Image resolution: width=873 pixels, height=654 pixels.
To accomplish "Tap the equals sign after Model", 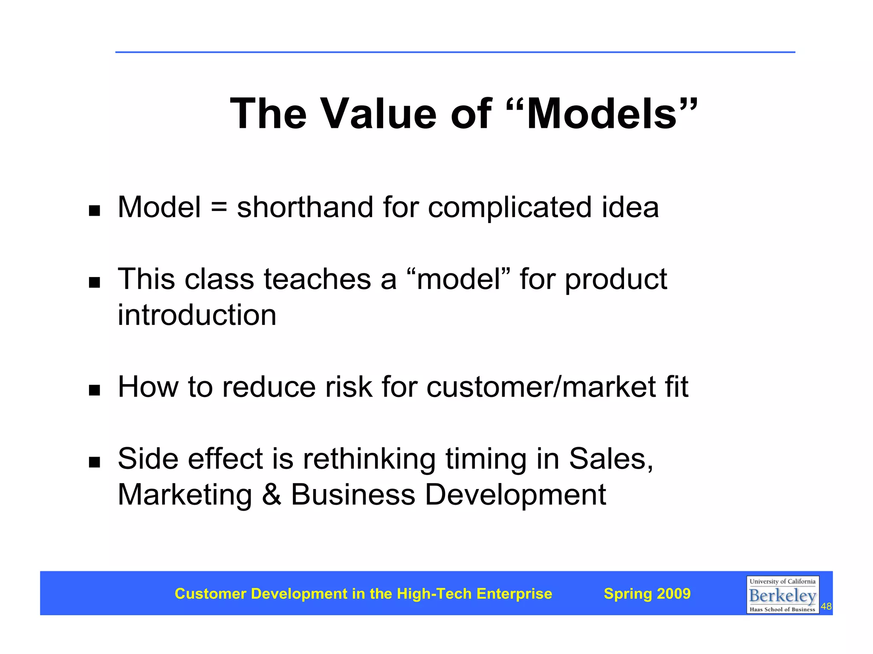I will click(x=219, y=208).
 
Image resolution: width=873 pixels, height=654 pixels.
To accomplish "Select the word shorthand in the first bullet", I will click(x=305, y=208).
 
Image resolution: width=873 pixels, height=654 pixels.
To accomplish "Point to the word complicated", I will click(x=510, y=208).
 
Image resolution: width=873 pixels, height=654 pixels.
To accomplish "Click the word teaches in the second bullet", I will click(x=317, y=279).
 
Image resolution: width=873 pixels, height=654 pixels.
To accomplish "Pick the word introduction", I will click(x=197, y=315).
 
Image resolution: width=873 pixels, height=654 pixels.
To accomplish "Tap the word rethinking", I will click(x=369, y=459).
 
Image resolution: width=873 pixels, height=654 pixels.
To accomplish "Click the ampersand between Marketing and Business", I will click(x=272, y=495).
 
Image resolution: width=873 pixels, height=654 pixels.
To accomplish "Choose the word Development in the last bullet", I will click(x=515, y=495).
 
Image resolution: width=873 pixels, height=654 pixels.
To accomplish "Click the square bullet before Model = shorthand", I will click(x=94, y=211).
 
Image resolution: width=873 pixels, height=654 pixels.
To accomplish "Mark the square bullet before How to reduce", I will click(x=94, y=390).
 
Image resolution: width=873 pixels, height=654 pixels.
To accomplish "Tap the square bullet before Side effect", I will click(x=94, y=462).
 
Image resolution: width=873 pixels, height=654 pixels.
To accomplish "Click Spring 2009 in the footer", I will click(x=647, y=593).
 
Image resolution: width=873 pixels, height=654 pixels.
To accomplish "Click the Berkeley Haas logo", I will click(x=782, y=595).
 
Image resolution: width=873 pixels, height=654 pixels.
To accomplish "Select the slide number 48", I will click(x=826, y=607).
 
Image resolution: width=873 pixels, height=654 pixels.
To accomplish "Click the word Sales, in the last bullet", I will click(x=611, y=459).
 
